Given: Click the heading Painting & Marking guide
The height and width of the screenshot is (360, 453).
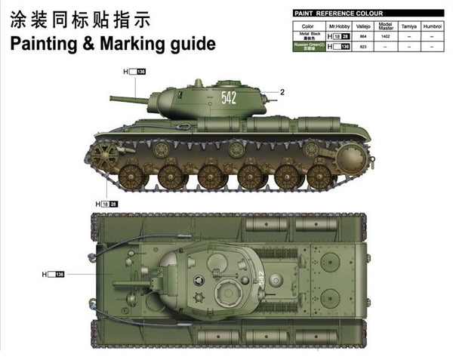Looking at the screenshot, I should point(113,43).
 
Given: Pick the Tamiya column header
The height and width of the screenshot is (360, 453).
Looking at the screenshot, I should point(408,26).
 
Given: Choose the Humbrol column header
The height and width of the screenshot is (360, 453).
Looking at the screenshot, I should point(433,26).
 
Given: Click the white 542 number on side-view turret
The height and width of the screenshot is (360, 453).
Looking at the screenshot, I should point(229,97).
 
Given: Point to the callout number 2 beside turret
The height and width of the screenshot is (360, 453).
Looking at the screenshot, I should point(281,92).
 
